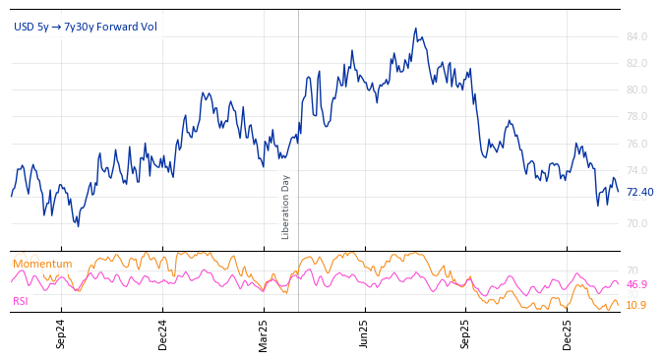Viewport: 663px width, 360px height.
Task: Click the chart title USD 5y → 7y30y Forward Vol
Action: pos(85,27)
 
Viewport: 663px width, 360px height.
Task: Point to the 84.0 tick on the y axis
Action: pos(636,37)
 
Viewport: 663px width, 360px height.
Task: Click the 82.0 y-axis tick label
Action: pos(636,64)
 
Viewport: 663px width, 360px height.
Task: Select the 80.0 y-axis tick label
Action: pos(636,90)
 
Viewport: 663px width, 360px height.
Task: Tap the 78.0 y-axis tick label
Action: pos(636,117)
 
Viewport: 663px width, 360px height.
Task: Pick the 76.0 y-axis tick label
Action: pos(636,145)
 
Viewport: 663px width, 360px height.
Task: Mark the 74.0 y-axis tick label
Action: pos(636,171)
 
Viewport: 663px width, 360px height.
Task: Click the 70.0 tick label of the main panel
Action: pos(636,224)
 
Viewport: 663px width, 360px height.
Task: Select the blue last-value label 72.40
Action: pos(639,193)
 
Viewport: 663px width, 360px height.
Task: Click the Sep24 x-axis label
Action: pos(61,333)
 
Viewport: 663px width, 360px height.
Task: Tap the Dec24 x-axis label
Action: pos(163,333)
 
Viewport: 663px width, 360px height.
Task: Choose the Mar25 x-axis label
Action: pos(264,333)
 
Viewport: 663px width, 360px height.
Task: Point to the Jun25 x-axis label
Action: pos(364,333)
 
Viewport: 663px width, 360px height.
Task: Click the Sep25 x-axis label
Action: pos(465,333)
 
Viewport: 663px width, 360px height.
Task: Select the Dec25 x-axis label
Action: pos(568,333)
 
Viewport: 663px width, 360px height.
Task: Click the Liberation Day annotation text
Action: pos(286,207)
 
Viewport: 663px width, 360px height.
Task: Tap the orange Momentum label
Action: pos(42,265)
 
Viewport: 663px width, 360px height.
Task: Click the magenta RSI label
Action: pos(21,301)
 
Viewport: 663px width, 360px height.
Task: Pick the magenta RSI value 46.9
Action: pos(636,285)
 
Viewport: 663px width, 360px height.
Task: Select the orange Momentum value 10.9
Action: pos(636,306)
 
